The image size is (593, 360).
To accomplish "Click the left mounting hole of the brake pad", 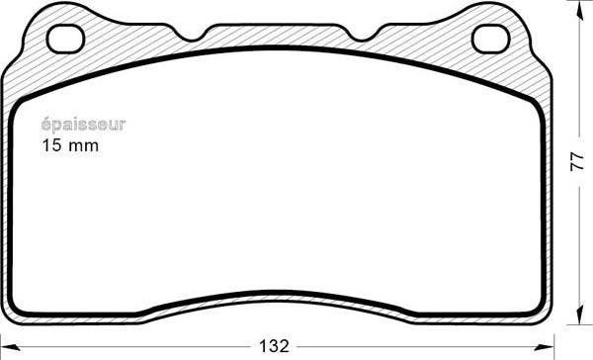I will tap(66, 39).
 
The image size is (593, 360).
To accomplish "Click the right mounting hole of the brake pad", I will tap(487, 39).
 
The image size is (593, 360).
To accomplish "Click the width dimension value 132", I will tap(276, 346).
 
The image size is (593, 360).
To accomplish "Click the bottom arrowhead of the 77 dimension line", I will tap(578, 320).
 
